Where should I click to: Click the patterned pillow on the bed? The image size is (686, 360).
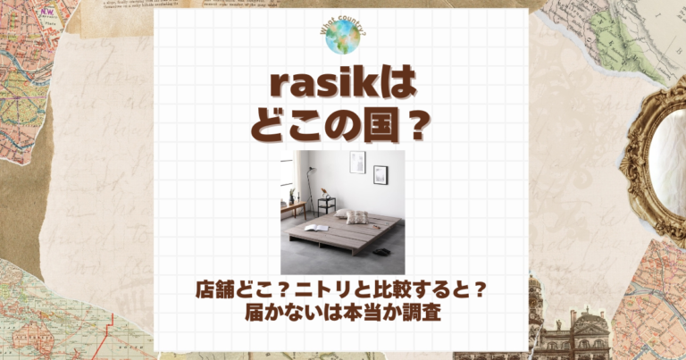coord(356,217)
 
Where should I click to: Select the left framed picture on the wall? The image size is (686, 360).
coord(357,162)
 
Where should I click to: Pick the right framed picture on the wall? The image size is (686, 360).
coord(381,173)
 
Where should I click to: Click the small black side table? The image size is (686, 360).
coord(326,205)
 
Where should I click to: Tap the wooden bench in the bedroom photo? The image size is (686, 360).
coord(292,209)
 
